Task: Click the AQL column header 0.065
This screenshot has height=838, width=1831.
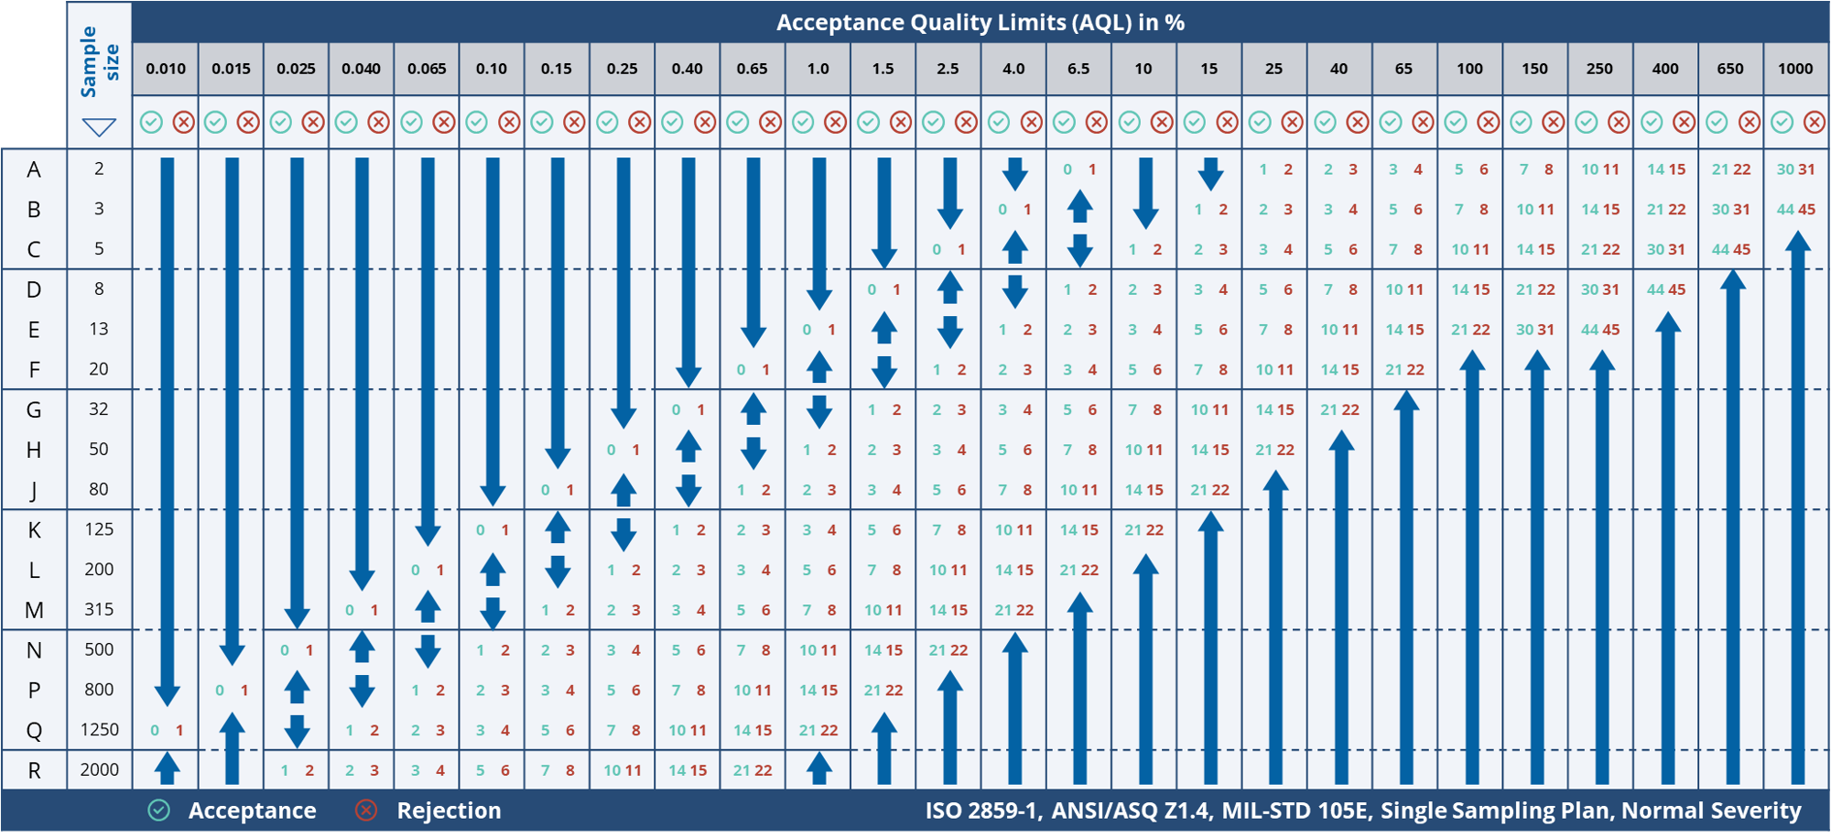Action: coord(427,69)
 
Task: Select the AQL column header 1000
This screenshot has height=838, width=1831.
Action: coord(1795,69)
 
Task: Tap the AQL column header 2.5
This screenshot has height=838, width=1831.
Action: coord(948,69)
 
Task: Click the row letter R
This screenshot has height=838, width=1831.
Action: coord(34,770)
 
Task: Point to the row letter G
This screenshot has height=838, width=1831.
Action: coord(34,409)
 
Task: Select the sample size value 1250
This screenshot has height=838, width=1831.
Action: coord(99,730)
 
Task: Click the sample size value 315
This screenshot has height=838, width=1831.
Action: coord(99,609)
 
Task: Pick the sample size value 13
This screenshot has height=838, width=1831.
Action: coord(99,329)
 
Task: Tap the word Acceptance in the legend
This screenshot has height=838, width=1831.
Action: coord(252,811)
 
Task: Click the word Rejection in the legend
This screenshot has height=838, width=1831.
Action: coord(449,811)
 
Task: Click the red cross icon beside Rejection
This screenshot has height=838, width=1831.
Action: coord(366,811)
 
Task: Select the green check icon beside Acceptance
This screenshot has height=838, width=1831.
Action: coord(159,811)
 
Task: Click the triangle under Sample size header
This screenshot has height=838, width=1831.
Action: coord(99,127)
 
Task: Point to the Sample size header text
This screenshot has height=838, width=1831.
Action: coord(99,61)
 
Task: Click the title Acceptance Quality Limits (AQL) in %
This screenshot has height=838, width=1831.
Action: coord(981,22)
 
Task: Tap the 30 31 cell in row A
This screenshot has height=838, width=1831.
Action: coord(1795,169)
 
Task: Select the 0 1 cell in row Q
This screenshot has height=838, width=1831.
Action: coord(167,730)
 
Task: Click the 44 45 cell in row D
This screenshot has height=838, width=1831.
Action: coord(1665,289)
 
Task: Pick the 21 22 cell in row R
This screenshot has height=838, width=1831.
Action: coord(753,770)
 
